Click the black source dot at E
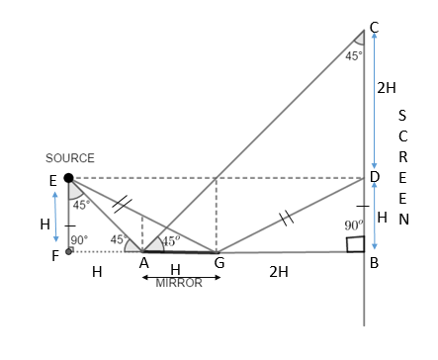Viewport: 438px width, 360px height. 68,178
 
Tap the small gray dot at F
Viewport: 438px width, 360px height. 68,251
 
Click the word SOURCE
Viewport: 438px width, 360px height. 70,158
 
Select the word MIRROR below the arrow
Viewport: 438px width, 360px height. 179,283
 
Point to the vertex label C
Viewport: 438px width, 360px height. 374,28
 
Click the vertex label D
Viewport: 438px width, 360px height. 375,177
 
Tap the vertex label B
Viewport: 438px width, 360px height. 374,263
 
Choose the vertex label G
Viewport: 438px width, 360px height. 219,263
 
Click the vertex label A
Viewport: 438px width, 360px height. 144,263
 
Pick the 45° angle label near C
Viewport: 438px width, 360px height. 354,56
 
